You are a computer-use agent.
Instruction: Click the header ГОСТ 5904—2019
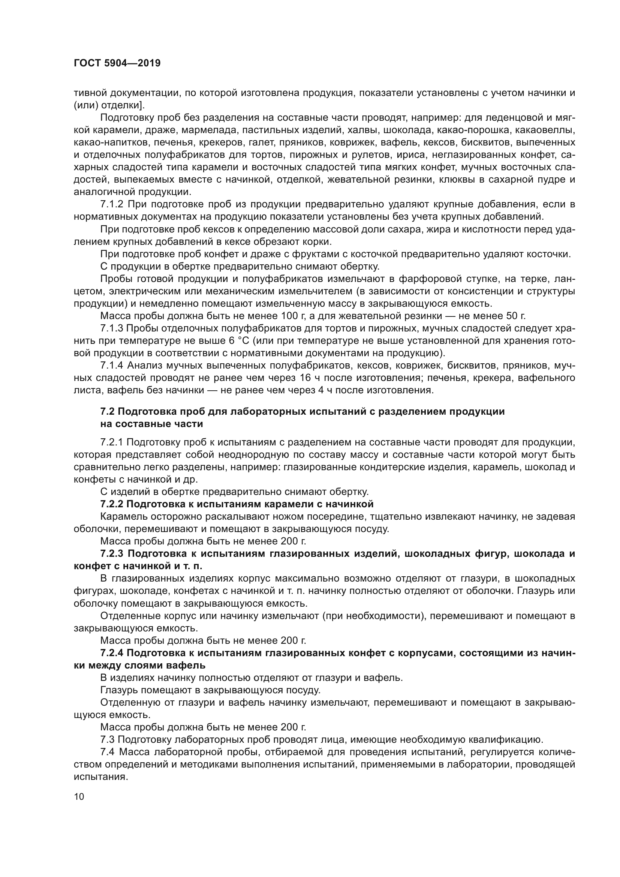(117, 63)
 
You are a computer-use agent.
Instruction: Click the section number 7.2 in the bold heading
(107, 412)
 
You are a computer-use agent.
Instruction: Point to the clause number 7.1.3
(111, 328)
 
